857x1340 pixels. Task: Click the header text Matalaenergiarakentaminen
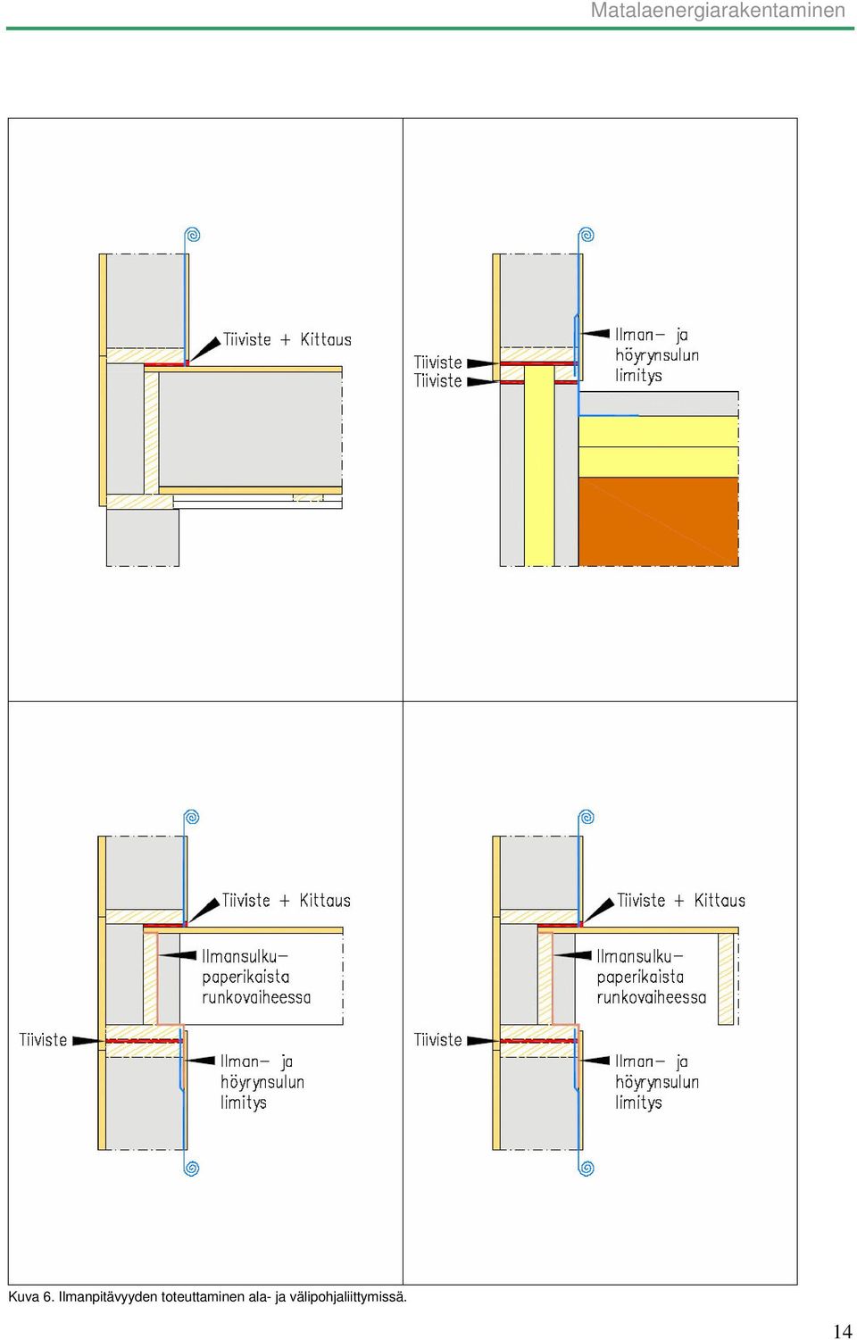(x=718, y=10)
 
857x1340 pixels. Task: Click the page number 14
(x=842, y=1330)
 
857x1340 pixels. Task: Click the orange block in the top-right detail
(x=659, y=521)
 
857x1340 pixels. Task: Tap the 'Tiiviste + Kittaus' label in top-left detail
(x=287, y=340)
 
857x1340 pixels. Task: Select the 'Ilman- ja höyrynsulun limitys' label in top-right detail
(x=657, y=355)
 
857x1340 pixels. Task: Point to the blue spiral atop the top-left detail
(x=193, y=235)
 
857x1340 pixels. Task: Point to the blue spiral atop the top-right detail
(x=587, y=235)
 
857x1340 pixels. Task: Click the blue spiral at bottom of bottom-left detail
(x=191, y=1168)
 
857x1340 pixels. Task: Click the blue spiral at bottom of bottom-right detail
(x=587, y=1168)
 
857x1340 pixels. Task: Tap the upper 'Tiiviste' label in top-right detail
(x=437, y=362)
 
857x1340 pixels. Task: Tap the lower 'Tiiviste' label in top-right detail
(x=437, y=381)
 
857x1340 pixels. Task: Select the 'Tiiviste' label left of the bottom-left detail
(x=43, y=1040)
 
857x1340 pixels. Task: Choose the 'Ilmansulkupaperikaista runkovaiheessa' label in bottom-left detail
(x=256, y=977)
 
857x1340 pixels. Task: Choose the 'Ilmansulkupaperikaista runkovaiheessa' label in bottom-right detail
(x=652, y=977)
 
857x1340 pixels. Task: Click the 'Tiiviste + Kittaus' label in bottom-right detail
(x=681, y=901)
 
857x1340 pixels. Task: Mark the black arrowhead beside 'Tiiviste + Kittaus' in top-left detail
(x=204, y=349)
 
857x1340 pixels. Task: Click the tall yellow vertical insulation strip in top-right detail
(x=539, y=465)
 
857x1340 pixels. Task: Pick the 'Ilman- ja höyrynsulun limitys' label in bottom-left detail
(x=262, y=1082)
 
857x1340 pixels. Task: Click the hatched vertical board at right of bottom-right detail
(x=726, y=978)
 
